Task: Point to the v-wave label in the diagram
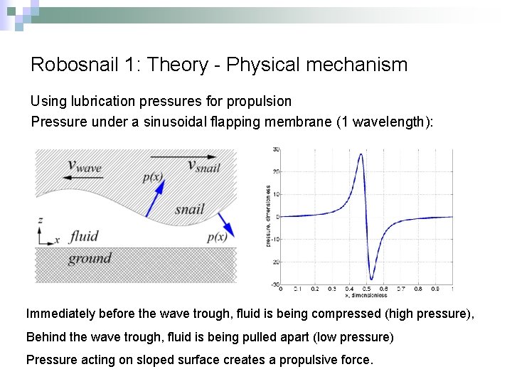tap(84, 166)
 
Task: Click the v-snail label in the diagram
tap(203, 166)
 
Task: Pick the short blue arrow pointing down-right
tap(226, 221)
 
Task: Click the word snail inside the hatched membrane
tap(189, 209)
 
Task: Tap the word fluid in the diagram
tap(84, 236)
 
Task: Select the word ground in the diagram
tap(90, 257)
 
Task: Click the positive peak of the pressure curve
tap(362, 154)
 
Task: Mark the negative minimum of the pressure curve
tap(371, 279)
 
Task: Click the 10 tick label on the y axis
tap(275, 194)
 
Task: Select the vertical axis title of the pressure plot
tap(267, 216)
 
